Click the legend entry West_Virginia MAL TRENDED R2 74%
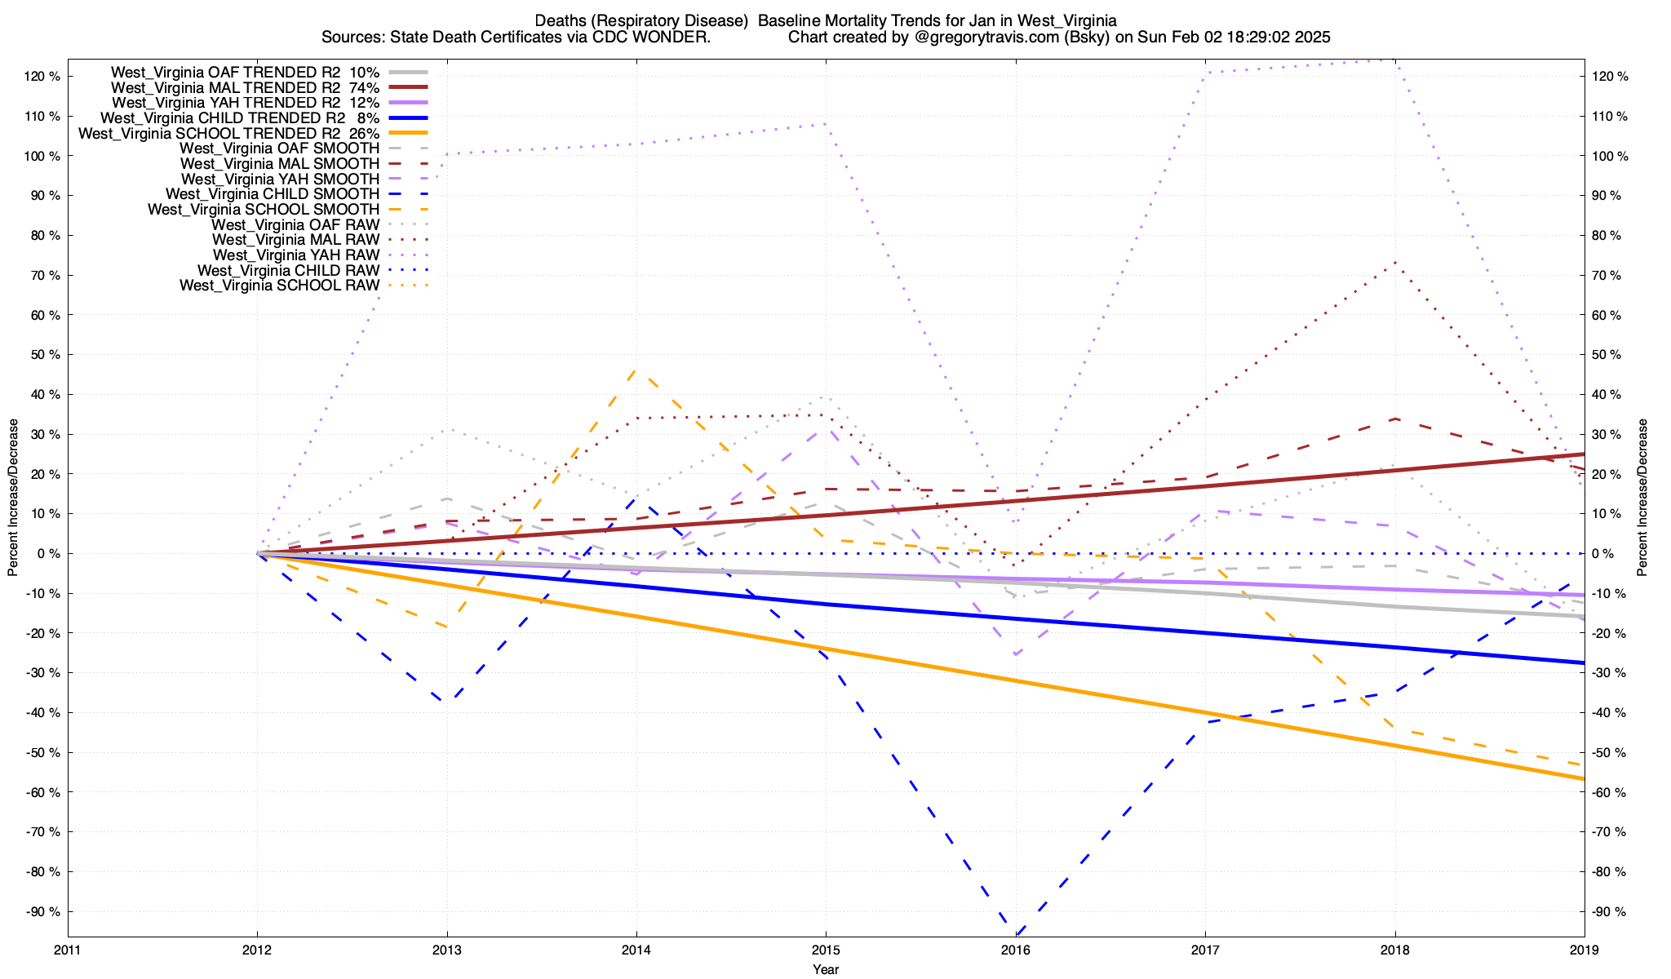pyautogui.click(x=245, y=87)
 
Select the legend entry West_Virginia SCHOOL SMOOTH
pyautogui.click(x=264, y=210)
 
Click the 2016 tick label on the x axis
pyautogui.click(x=1015, y=950)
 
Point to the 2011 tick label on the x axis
pyautogui.click(x=68, y=950)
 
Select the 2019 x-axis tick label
pyautogui.click(x=1584, y=950)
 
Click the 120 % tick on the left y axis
pyautogui.click(x=42, y=77)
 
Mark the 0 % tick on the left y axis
pyautogui.click(x=48, y=554)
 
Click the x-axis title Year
pyautogui.click(x=826, y=969)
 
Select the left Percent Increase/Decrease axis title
pyautogui.click(x=13, y=498)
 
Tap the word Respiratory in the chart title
pyautogui.click(x=669, y=20)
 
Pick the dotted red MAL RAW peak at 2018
pyautogui.click(x=1395, y=263)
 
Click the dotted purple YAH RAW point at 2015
pyautogui.click(x=826, y=124)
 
